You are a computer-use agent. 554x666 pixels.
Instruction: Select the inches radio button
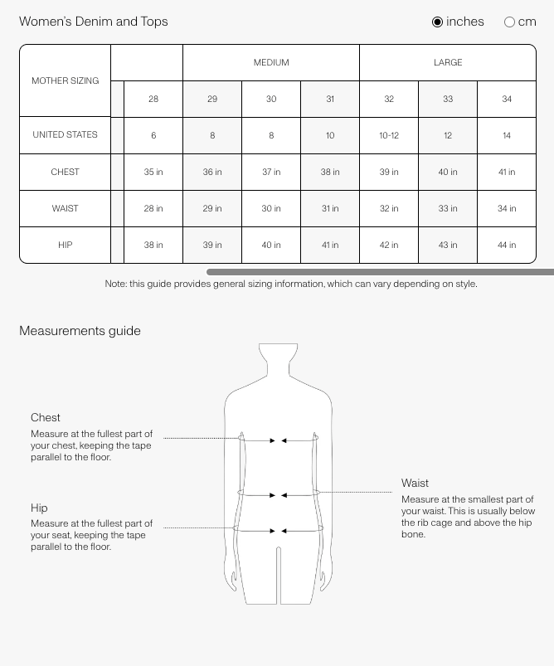pyautogui.click(x=438, y=22)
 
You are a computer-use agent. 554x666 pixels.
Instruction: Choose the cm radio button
pyautogui.click(x=509, y=22)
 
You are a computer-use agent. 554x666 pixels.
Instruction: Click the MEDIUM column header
pyautogui.click(x=271, y=63)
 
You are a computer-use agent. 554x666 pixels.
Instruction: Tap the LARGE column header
pyautogui.click(x=448, y=63)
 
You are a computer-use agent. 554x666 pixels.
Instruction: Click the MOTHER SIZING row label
pyautogui.click(x=66, y=81)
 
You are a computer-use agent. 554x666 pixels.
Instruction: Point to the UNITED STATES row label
pyautogui.click(x=66, y=135)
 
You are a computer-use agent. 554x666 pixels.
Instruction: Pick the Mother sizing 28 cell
pyautogui.click(x=153, y=100)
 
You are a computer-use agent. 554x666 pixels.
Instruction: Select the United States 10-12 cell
pyautogui.click(x=389, y=136)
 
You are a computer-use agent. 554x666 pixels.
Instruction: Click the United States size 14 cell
pyautogui.click(x=507, y=136)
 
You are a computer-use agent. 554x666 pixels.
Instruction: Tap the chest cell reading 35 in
pyautogui.click(x=153, y=173)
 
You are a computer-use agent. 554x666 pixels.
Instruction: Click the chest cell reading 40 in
pyautogui.click(x=448, y=173)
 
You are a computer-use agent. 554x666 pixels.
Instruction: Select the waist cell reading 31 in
pyautogui.click(x=330, y=209)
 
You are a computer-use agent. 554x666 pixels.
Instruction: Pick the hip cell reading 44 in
pyautogui.click(x=507, y=245)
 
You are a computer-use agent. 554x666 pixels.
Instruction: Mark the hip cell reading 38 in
pyautogui.click(x=153, y=245)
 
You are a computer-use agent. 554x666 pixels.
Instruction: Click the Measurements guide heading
pyautogui.click(x=80, y=331)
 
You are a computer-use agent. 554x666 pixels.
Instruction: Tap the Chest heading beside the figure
pyautogui.click(x=46, y=418)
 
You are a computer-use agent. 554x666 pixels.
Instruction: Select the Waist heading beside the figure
pyautogui.click(x=415, y=484)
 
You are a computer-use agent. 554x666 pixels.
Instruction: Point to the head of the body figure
pyautogui.click(x=278, y=362)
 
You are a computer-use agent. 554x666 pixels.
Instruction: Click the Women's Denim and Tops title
pyautogui.click(x=94, y=22)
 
